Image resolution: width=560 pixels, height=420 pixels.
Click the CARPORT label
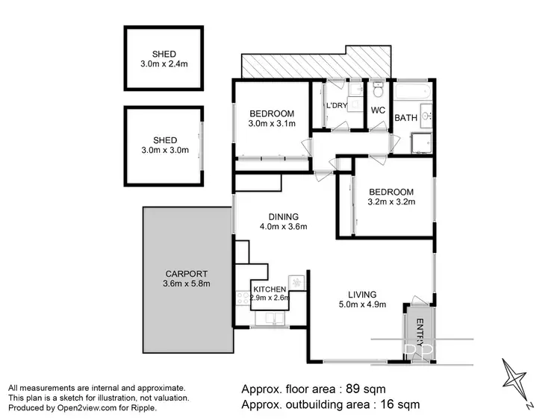187,274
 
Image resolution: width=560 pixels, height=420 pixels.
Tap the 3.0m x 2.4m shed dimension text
164,64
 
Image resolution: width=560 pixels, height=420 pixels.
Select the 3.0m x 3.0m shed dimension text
164,150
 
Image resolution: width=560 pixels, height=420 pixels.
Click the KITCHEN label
270,289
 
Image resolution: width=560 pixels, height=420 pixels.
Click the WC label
377,110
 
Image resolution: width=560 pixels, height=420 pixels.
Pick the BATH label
405,118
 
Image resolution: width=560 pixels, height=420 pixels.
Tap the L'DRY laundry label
336,105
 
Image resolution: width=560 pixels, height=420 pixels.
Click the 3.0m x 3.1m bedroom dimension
272,124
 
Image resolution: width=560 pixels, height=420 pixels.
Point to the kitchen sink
270,319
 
